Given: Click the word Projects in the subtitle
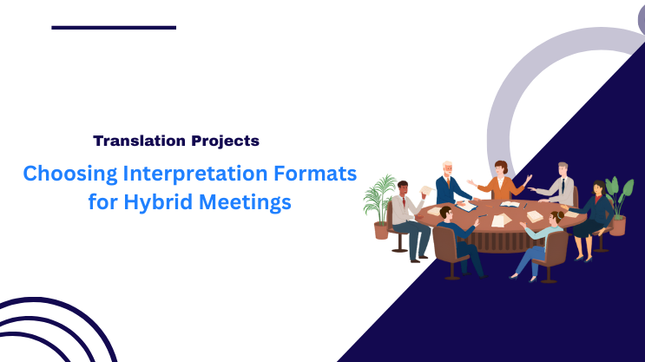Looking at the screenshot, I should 224,140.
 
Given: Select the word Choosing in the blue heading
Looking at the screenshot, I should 67,173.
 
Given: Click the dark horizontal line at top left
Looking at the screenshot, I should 114,27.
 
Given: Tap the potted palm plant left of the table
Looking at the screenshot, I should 379,204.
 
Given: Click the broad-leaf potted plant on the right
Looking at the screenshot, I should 618,204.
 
